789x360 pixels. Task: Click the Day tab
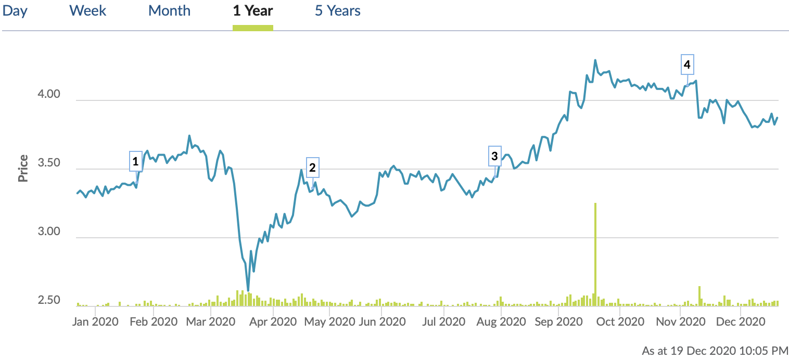(15, 11)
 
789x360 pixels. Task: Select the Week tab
(87, 11)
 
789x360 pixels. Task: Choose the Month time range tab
(169, 11)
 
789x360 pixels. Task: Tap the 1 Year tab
(253, 11)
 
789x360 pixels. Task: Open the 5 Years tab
(337, 11)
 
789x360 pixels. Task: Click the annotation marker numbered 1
(136, 161)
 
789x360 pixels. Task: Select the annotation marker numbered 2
(312, 168)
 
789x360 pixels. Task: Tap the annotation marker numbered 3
(494, 156)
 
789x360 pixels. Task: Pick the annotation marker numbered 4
(687, 65)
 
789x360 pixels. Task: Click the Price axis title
(23, 169)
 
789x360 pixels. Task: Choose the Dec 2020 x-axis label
(740, 322)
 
